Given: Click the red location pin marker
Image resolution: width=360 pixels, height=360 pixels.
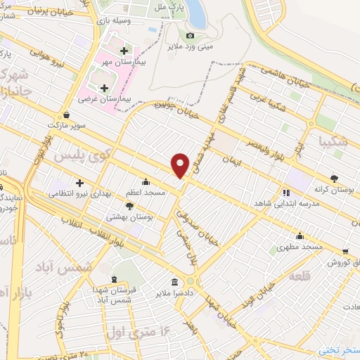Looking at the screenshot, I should (181, 165).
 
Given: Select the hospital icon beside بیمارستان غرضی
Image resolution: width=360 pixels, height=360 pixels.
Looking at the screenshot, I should (105, 88).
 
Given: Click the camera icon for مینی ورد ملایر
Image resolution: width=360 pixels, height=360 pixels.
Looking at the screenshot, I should (190, 36).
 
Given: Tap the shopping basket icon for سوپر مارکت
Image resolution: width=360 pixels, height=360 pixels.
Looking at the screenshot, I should (66, 114).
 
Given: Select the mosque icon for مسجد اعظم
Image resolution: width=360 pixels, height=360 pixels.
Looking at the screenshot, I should (146, 181).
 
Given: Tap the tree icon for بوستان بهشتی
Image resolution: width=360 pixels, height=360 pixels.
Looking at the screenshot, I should (129, 205).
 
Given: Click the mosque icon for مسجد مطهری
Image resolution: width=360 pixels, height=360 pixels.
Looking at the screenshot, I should (300, 236).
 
